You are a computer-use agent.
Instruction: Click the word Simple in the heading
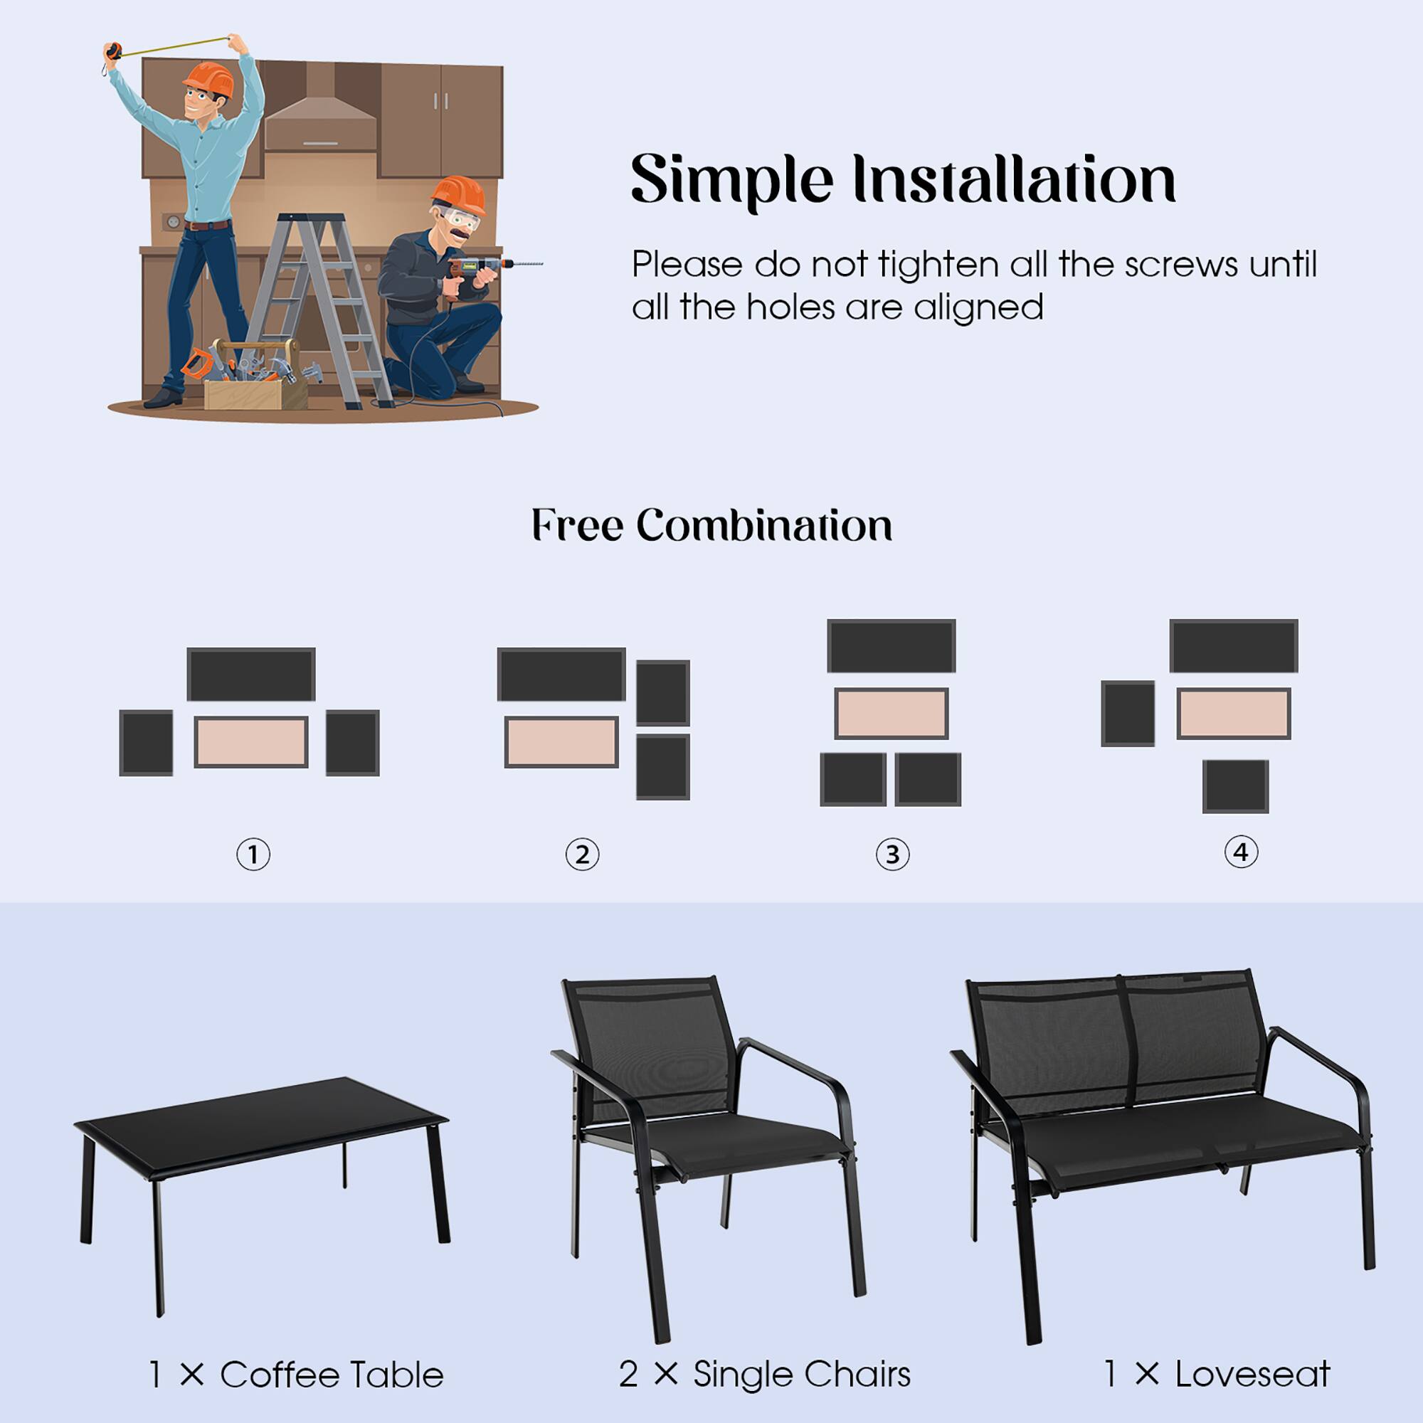coord(731,181)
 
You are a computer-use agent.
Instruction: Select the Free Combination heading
coord(711,525)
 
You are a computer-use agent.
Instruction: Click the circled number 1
coord(253,855)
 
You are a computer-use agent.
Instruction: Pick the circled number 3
coord(892,855)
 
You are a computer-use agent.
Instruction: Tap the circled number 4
coord(1241,852)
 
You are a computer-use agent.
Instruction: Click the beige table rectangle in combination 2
coord(561,741)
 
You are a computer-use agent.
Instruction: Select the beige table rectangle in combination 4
coord(1233,713)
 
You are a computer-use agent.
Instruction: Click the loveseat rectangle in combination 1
coord(251,674)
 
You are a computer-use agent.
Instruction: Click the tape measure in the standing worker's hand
coord(113,51)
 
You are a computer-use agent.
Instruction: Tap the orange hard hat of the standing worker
coord(209,78)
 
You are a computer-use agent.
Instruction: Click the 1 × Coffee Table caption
coord(296,1375)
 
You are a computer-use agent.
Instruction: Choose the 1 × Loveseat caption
coord(1216,1374)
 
